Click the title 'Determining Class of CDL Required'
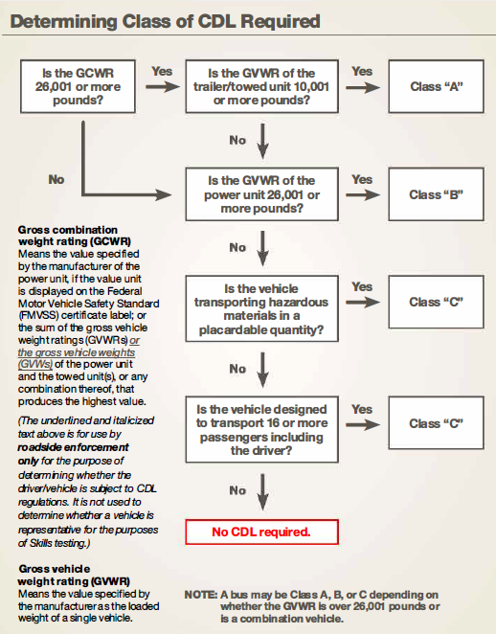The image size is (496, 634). (165, 20)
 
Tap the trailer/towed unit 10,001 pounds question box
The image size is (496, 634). (261, 87)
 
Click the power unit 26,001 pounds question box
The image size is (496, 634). (261, 194)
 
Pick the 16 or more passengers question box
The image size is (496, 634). (261, 423)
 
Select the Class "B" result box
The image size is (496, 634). (437, 194)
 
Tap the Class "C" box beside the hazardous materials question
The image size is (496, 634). (437, 303)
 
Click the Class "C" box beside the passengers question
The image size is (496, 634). (437, 423)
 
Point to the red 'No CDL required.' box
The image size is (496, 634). (261, 530)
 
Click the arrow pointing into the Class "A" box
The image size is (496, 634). (362, 87)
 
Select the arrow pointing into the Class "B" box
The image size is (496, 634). (362, 194)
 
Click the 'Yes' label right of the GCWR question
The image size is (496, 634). (162, 71)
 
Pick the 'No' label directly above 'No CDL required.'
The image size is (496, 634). (237, 489)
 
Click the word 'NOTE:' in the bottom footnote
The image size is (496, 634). (200, 595)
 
